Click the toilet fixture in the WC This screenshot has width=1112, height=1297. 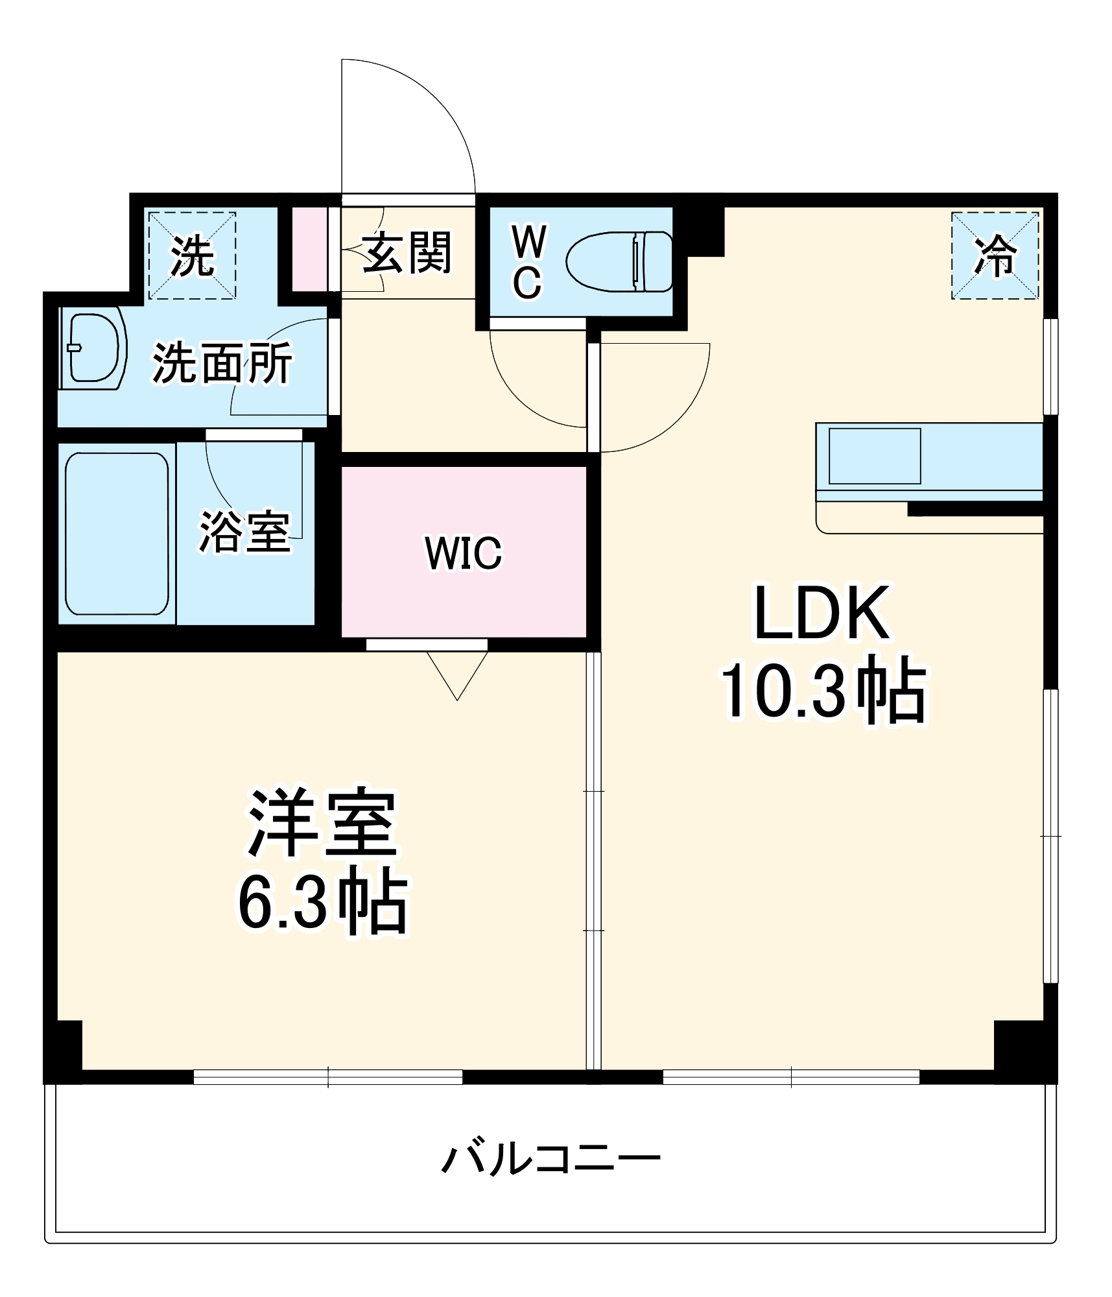coord(619,261)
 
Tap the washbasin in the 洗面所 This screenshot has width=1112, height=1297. coord(93,348)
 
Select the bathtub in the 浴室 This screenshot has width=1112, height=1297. coord(117,533)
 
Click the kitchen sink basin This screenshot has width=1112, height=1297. coord(874,455)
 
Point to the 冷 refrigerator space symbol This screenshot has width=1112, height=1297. coord(995,256)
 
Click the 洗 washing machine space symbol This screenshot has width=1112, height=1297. coord(192,256)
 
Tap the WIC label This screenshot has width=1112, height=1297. coord(463,553)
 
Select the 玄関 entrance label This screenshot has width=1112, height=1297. coord(407,253)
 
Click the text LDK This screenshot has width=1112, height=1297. coord(822,613)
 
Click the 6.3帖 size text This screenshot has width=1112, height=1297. coord(323,903)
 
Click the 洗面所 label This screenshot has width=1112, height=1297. coord(222,363)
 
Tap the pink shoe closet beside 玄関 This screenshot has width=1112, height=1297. coord(309,249)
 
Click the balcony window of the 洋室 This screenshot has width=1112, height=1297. coord(328,1077)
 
